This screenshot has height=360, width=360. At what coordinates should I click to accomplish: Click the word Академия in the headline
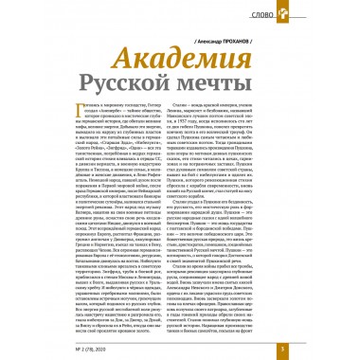pyautogui.click(x=177, y=61)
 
